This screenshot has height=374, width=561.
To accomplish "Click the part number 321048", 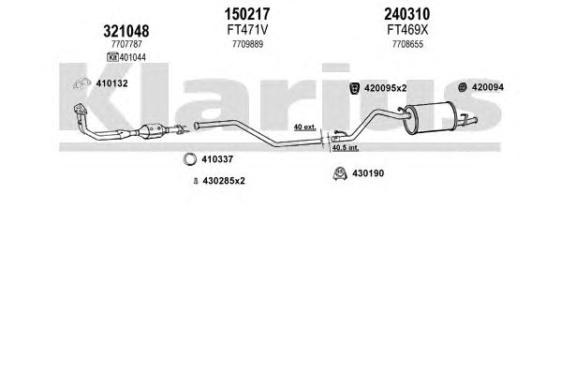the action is click(125, 32).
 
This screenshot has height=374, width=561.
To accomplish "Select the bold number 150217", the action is click(247, 14).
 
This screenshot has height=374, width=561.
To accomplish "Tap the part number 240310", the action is click(407, 14).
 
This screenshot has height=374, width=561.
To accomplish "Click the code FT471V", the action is click(247, 30).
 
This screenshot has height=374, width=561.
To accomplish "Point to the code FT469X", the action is click(407, 30).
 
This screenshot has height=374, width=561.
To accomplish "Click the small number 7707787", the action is click(126, 44).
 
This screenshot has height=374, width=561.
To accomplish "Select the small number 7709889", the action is click(247, 44).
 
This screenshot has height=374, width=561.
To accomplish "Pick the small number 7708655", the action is click(407, 44).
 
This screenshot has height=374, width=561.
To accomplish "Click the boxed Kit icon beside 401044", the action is click(112, 57).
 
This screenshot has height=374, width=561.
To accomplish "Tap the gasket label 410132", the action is click(111, 83).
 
